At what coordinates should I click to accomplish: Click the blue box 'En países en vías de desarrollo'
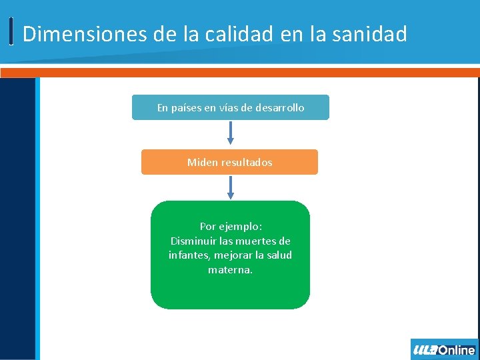pos(230,107)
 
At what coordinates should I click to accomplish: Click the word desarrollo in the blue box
pos(279,107)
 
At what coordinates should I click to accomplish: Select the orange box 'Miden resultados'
pos(229,162)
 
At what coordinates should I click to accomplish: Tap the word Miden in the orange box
pos(201,162)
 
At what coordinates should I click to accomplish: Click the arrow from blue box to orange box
pos(231,133)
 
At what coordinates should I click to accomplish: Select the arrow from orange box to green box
pos(231,187)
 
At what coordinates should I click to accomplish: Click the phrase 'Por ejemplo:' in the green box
pos(230,227)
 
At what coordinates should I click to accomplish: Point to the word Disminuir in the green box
pos(192,241)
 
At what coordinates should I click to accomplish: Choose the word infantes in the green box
pos(189,255)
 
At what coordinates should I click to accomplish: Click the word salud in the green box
pos(278,255)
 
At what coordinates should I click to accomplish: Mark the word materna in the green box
pos(229,270)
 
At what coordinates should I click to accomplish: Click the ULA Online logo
pos(444,349)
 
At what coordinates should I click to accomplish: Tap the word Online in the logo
pos(456,349)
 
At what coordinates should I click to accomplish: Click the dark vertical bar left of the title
pos(11,31)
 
